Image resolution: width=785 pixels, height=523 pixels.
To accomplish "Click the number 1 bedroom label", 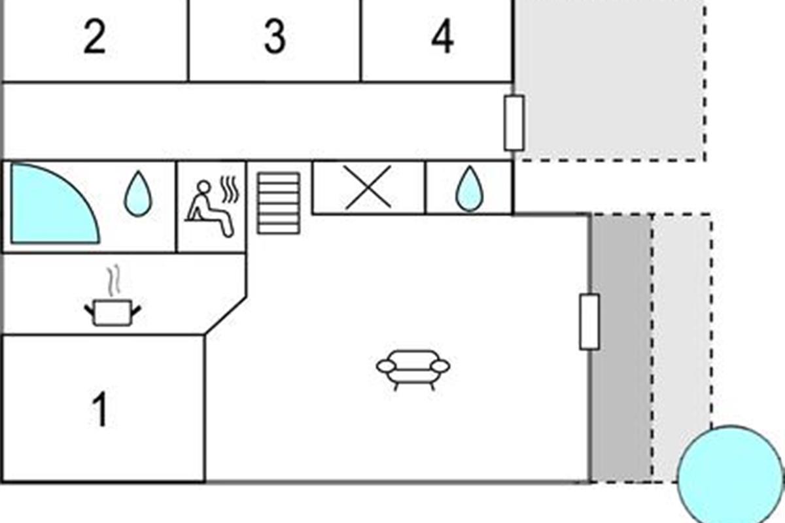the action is pyautogui.click(x=100, y=409).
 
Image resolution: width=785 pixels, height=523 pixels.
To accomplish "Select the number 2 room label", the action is pyautogui.click(x=95, y=37).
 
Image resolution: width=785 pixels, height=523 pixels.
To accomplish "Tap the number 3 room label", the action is pyautogui.click(x=275, y=37).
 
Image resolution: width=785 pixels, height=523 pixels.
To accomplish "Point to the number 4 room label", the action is pyautogui.click(x=443, y=37).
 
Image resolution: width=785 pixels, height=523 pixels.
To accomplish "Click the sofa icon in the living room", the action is pyautogui.click(x=413, y=370).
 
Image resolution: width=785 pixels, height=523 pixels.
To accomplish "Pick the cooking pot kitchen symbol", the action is pyautogui.click(x=113, y=312).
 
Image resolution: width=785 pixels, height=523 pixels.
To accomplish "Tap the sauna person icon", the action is pyautogui.click(x=209, y=209).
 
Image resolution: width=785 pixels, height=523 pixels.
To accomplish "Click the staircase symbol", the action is pyautogui.click(x=279, y=203).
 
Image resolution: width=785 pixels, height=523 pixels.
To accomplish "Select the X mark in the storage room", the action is pyautogui.click(x=368, y=188).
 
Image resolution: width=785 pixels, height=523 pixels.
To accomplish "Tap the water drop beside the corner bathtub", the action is pyautogui.click(x=139, y=194).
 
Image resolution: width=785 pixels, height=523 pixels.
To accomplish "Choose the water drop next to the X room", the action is pyautogui.click(x=470, y=189).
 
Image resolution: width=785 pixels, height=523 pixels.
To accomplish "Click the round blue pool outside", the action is pyautogui.click(x=731, y=475).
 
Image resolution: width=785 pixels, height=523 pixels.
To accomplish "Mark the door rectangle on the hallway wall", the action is pyautogui.click(x=514, y=123).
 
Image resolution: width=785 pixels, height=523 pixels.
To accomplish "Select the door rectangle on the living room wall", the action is pyautogui.click(x=589, y=322).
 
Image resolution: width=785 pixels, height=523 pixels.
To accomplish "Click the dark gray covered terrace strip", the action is pyautogui.click(x=621, y=348).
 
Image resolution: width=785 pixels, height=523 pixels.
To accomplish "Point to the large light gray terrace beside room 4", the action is pyautogui.click(x=610, y=80).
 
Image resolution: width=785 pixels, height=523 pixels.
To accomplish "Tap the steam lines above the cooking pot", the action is pyautogui.click(x=114, y=280).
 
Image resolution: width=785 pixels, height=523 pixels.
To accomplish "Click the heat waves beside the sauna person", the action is pyautogui.click(x=230, y=189).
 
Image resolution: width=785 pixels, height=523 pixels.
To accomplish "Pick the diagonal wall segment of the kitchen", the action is pyautogui.click(x=226, y=316).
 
